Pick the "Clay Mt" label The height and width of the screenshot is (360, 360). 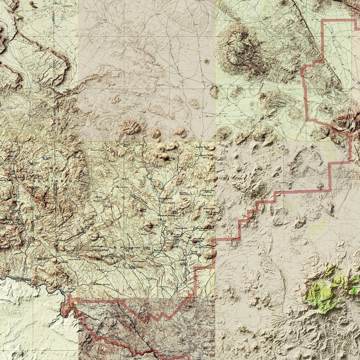tap(113, 247)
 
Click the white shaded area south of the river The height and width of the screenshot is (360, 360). tap(32, 317)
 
